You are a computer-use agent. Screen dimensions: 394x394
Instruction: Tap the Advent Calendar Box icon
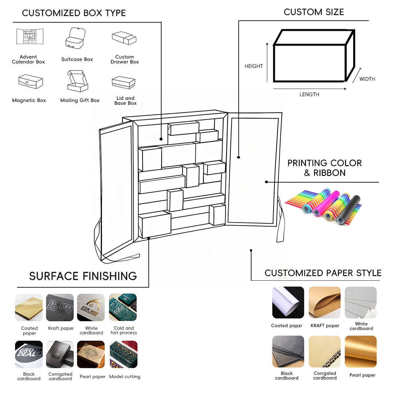click(30, 36)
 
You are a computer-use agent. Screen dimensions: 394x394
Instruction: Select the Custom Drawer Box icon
click(124, 38)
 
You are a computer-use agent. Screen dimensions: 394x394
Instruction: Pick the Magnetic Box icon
click(31, 81)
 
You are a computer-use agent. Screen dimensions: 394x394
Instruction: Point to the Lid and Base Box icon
click(123, 82)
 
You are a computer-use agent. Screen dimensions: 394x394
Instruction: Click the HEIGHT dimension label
click(253, 66)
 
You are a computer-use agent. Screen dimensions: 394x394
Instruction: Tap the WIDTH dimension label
click(367, 79)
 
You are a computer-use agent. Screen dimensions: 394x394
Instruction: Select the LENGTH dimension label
click(309, 94)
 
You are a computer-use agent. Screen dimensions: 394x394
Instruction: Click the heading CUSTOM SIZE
click(314, 12)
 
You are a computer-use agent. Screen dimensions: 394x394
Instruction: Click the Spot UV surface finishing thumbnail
click(60, 307)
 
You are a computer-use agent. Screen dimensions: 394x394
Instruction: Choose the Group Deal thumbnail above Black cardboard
click(29, 354)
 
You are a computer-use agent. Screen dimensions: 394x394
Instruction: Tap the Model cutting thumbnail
click(123, 354)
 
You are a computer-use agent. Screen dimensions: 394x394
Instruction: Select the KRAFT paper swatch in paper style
click(324, 302)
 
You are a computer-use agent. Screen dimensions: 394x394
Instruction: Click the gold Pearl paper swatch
click(361, 351)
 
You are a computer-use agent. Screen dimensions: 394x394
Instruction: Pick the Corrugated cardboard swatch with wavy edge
click(324, 351)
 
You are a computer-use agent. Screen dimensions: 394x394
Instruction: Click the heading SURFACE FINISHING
click(83, 276)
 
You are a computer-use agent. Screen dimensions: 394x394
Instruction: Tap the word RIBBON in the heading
click(329, 173)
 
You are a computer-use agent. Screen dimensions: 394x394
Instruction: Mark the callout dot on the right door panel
click(239, 157)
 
